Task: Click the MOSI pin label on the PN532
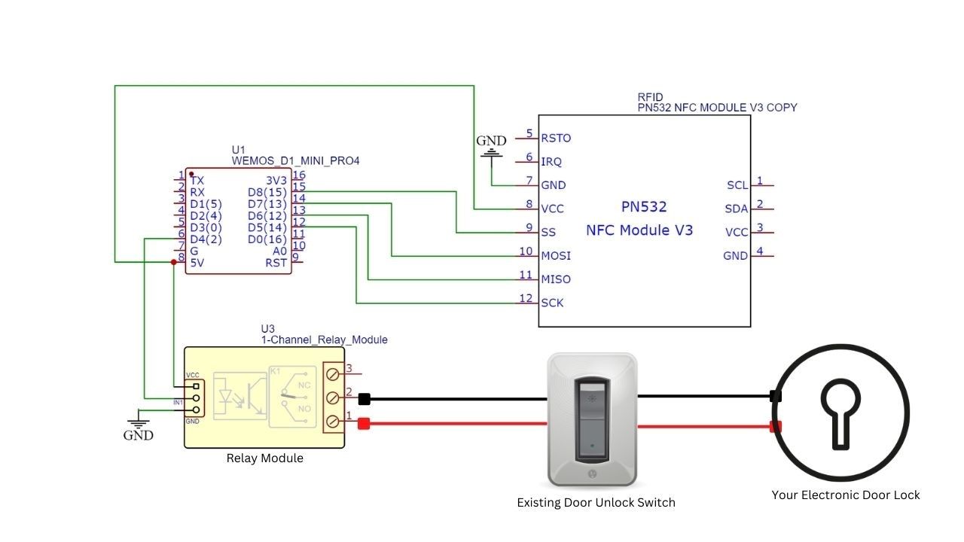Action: coord(556,255)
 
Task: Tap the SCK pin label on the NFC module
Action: coord(552,303)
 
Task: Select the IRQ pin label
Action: coord(551,161)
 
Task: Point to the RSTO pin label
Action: coord(556,138)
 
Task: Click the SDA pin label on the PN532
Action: coord(736,209)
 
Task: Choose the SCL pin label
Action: coord(737,185)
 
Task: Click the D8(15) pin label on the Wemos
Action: coord(267,192)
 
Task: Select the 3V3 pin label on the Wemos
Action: coord(276,181)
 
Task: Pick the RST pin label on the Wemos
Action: coord(276,262)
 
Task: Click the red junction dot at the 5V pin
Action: coord(174,262)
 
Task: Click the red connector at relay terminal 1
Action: coord(364,424)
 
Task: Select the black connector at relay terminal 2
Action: coord(364,399)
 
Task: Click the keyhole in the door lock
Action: coord(840,413)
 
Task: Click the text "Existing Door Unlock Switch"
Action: coord(596,502)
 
